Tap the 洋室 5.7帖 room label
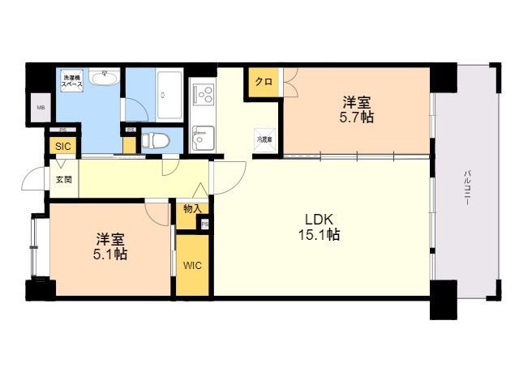[x=357, y=109]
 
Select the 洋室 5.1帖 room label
[x=110, y=246]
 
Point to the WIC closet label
[x=192, y=265]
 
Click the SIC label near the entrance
[x=62, y=147]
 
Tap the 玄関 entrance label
[x=63, y=179]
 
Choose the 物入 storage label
[x=191, y=209]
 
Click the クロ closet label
[x=263, y=82]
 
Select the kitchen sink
[x=202, y=138]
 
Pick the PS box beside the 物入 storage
[x=204, y=224]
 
